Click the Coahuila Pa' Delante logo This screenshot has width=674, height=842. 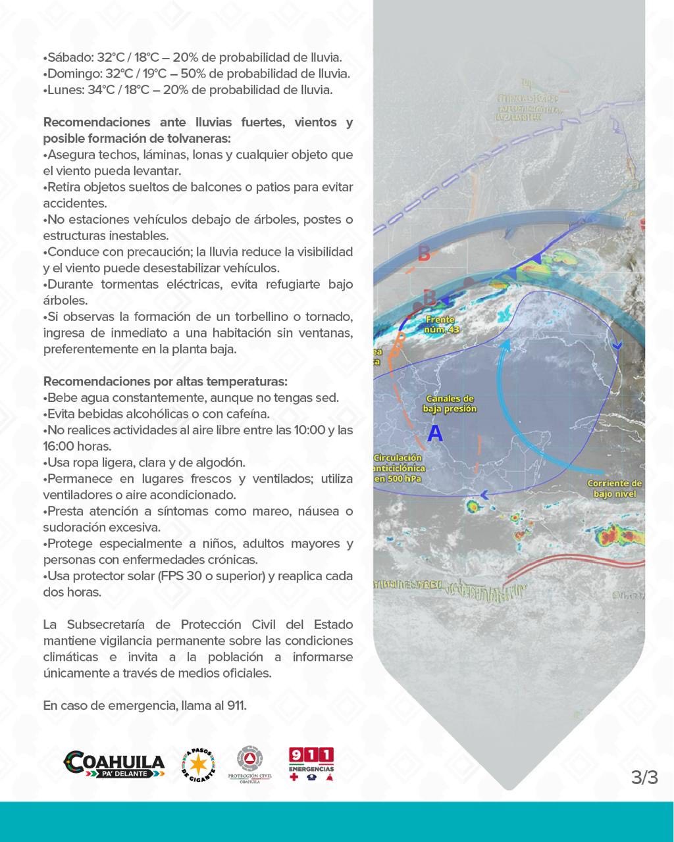(114, 764)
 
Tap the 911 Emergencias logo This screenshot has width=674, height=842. (311, 764)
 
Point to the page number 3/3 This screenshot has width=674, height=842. (644, 777)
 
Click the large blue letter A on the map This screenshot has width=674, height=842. (435, 433)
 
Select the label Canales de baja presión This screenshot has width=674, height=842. (450, 403)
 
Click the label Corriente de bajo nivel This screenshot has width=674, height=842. (615, 488)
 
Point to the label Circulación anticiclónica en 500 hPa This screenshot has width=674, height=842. (399, 468)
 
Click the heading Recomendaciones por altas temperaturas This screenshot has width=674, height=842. (165, 382)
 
